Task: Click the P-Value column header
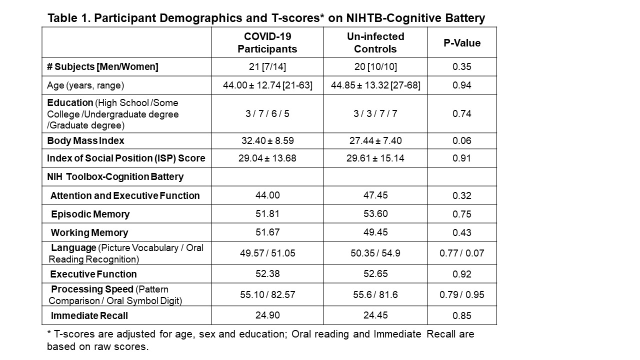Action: tap(462, 43)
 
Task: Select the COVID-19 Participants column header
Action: tap(267, 43)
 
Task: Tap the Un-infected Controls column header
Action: tap(375, 43)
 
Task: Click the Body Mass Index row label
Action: tap(85, 141)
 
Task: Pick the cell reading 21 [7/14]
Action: tap(267, 67)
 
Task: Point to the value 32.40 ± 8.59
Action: tap(267, 141)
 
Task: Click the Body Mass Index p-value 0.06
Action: tap(462, 141)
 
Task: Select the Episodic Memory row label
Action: tap(90, 214)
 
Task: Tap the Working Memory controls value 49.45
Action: tap(375, 232)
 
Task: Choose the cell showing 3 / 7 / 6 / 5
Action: tap(267, 113)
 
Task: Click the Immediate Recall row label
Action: tap(89, 315)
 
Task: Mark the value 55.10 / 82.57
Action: tap(267, 295)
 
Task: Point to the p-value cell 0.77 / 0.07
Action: tap(462, 253)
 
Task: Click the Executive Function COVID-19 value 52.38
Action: tap(267, 274)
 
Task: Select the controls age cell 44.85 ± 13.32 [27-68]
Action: tap(375, 85)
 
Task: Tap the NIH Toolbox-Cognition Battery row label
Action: tap(115, 176)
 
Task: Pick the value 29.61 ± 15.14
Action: tap(375, 158)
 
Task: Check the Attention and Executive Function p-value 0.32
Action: tap(462, 195)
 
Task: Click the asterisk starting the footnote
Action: tap(49, 333)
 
